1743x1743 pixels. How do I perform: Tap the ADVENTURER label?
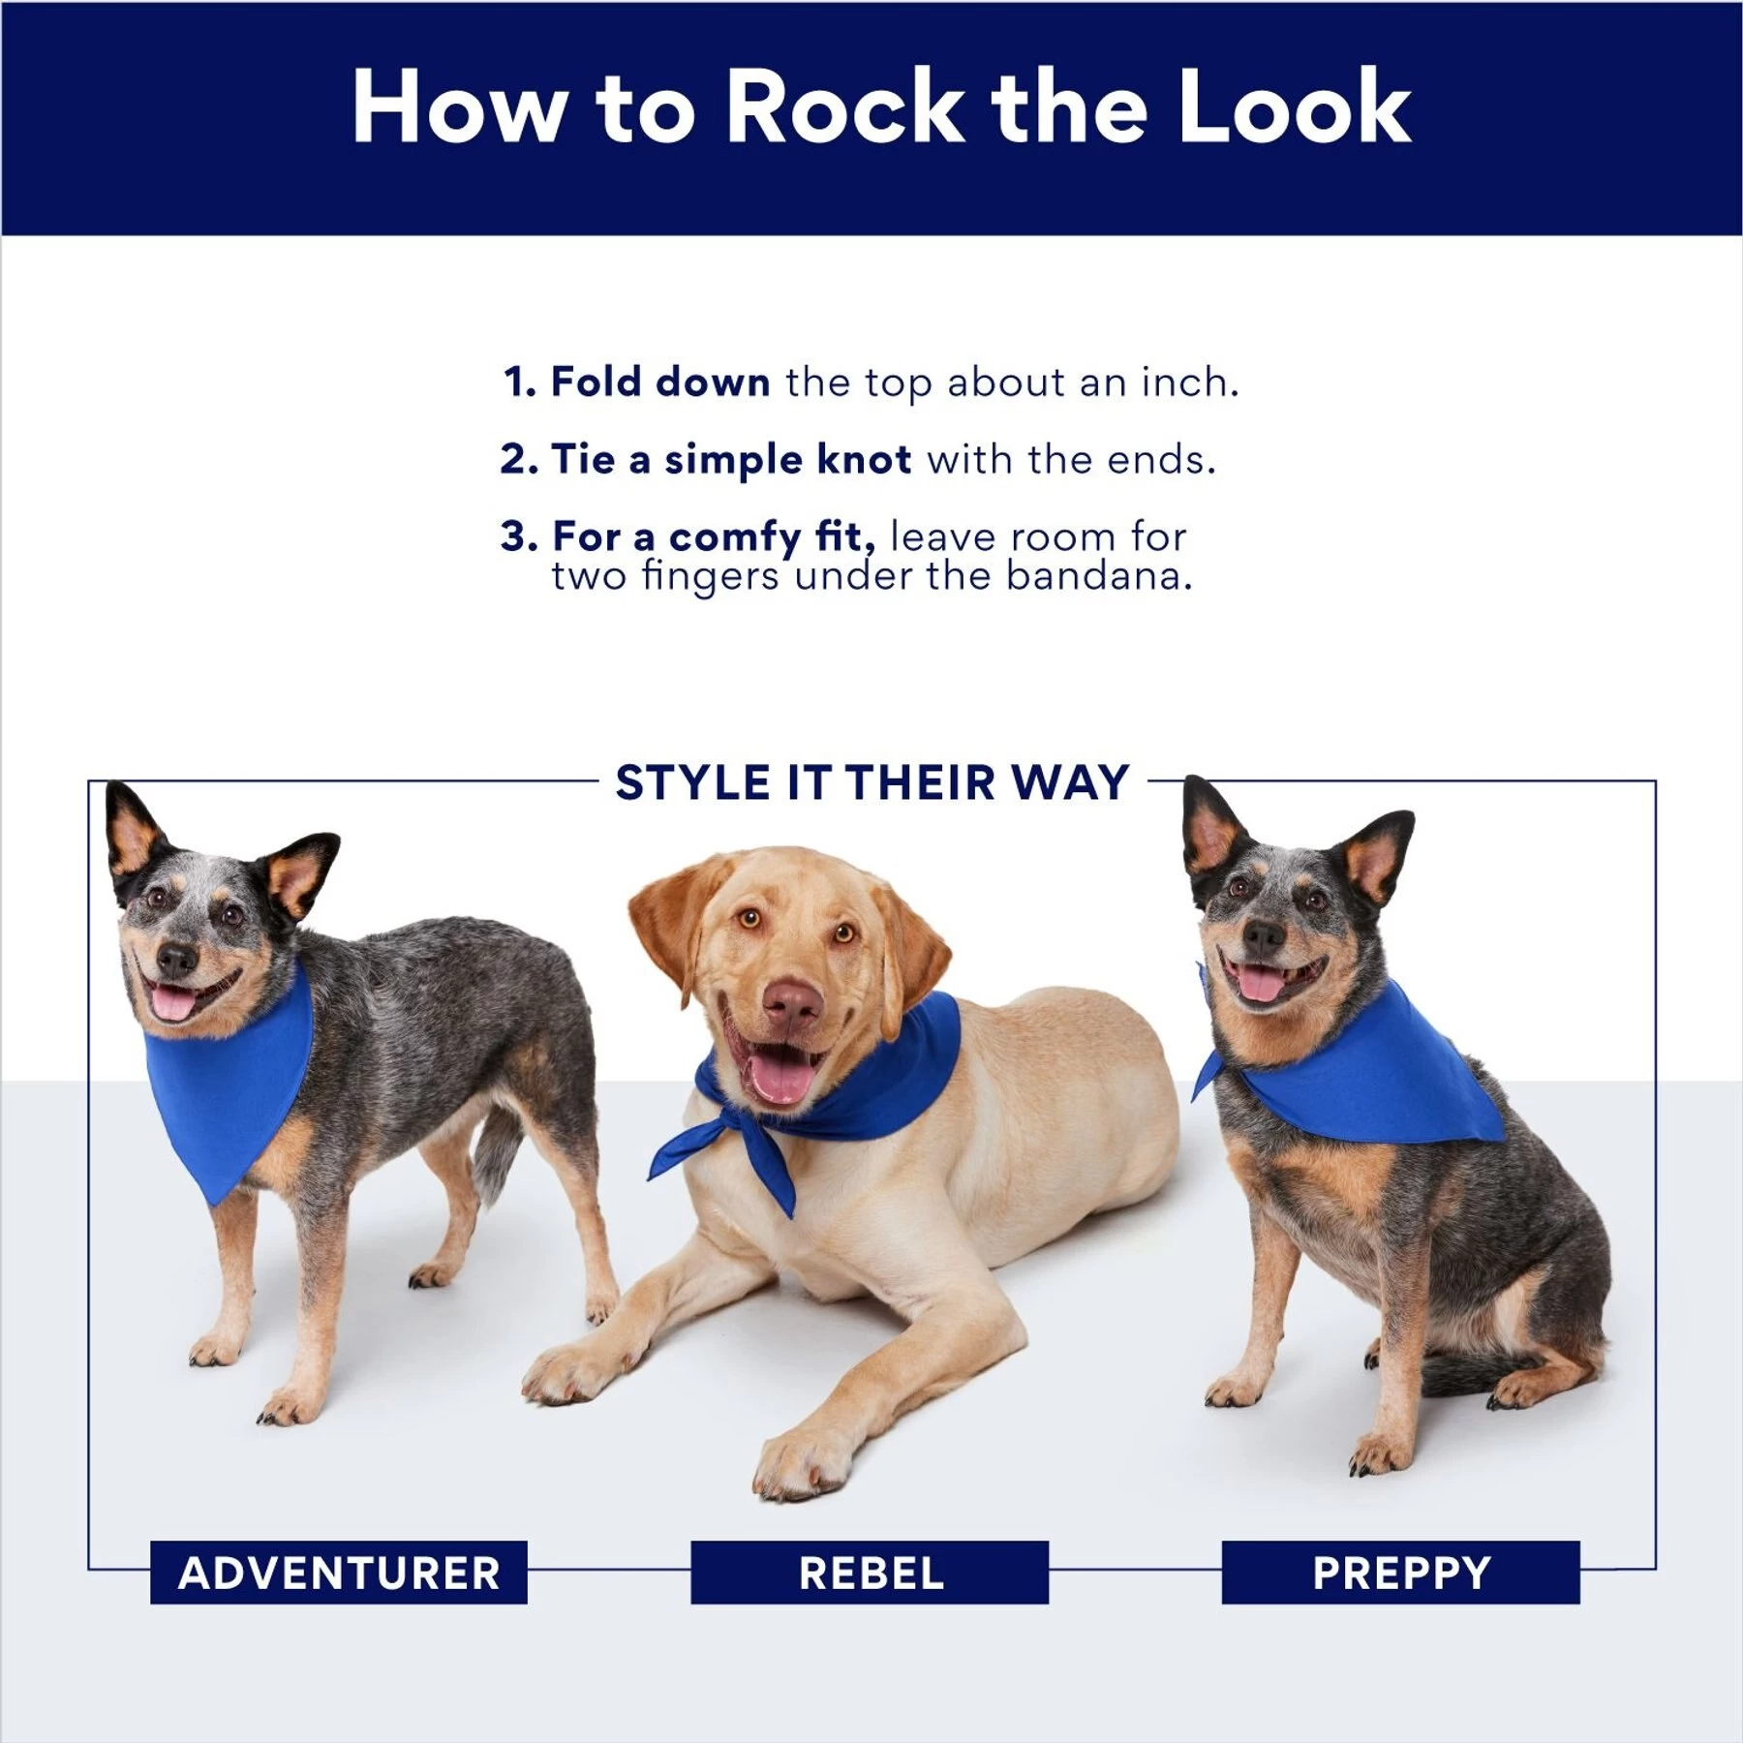click(339, 1573)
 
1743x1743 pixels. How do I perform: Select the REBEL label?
click(870, 1573)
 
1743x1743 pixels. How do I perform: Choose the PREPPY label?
click(1400, 1573)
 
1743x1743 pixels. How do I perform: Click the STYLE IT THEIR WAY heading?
click(871, 782)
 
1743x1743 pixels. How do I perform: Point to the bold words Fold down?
click(660, 382)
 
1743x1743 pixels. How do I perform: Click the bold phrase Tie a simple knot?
click(731, 459)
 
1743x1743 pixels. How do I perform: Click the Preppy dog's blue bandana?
click(1375, 1085)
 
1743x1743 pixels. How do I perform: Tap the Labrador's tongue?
click(780, 1079)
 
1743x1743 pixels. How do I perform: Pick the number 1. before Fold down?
click(519, 382)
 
